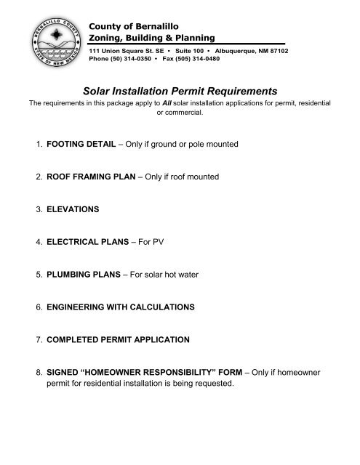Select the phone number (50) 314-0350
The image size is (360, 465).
click(x=128, y=60)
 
